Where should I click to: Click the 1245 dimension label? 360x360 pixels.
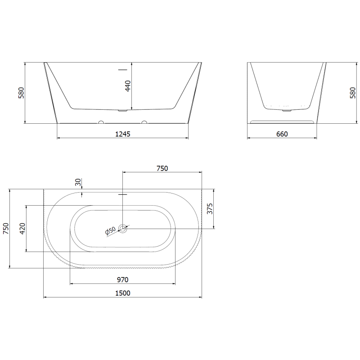122,134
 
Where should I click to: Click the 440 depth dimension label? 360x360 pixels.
127,86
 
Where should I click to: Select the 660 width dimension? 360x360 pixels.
282,134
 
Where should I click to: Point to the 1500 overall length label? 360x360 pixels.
122,293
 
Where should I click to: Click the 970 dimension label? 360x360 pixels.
122,279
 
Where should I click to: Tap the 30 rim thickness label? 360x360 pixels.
78,182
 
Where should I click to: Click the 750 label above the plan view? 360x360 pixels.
162,168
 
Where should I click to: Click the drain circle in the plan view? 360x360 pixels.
123,229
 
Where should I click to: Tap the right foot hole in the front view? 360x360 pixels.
144,122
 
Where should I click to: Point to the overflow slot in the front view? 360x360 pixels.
123,70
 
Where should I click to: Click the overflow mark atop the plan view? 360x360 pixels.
123,194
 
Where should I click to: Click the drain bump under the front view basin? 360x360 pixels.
123,110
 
